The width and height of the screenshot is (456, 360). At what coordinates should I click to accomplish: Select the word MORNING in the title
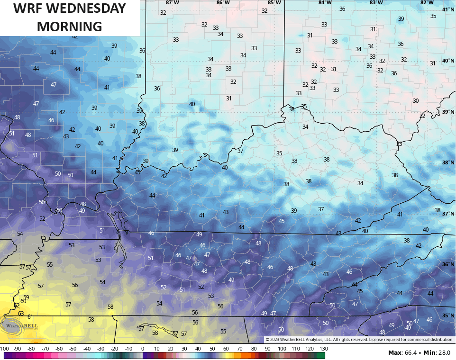pyautogui.click(x=70, y=27)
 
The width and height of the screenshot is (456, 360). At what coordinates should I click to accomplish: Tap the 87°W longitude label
pyautogui.click(x=173, y=3)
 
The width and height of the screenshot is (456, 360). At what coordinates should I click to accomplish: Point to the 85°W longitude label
pyautogui.click(x=274, y=3)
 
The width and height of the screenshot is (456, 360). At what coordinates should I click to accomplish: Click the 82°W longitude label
pyautogui.click(x=427, y=3)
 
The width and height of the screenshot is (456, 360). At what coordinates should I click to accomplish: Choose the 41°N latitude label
pyautogui.click(x=448, y=10)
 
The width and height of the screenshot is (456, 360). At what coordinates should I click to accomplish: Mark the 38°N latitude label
pyautogui.click(x=448, y=162)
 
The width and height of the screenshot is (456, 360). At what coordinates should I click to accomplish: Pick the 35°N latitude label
pyautogui.click(x=448, y=315)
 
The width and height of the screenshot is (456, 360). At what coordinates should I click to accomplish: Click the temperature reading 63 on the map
pyautogui.click(x=21, y=313)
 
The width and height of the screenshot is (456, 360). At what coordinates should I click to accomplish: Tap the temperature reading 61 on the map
pyautogui.click(x=30, y=317)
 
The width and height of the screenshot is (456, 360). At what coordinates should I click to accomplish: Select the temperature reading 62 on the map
pyautogui.click(x=17, y=306)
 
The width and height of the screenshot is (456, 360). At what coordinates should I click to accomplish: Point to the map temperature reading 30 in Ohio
pyautogui.click(x=416, y=101)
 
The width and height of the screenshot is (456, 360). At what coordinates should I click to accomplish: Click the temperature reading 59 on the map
pyautogui.click(x=26, y=297)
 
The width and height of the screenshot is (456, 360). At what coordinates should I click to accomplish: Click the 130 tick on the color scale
pyautogui.click(x=324, y=349)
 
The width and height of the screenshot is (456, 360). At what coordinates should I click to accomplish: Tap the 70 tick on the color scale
pyautogui.click(x=240, y=349)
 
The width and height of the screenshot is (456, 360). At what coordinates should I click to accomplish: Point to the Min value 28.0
pyautogui.click(x=443, y=353)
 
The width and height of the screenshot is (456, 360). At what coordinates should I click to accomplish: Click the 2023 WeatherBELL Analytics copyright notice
pyautogui.click(x=359, y=340)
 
